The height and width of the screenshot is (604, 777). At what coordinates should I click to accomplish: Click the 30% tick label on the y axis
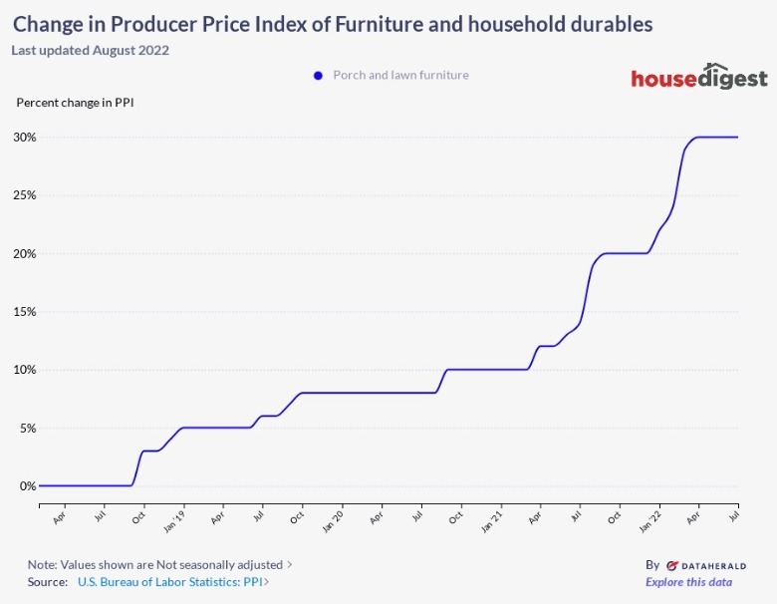[25, 138]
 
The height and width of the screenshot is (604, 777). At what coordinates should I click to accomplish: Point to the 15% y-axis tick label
[25, 312]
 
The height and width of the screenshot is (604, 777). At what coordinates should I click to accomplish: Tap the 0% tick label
[28, 486]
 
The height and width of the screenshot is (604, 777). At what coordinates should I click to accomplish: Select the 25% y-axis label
[25, 195]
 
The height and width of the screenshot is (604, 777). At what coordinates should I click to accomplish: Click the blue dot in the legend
[318, 75]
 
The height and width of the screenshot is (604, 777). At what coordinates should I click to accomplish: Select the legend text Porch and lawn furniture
[400, 75]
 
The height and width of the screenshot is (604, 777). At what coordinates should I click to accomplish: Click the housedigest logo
[699, 78]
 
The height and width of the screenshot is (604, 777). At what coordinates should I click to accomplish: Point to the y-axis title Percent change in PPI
[75, 103]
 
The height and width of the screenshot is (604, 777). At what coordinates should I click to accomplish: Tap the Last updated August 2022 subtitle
[90, 50]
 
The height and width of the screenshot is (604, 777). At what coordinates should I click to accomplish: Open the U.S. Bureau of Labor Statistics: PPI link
[170, 582]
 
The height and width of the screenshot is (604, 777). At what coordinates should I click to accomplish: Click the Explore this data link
[688, 582]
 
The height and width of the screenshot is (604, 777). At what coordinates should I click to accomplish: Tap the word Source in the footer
[47, 582]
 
